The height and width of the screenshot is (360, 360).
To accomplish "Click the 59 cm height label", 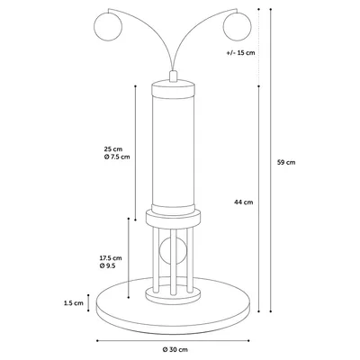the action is (x=286, y=162).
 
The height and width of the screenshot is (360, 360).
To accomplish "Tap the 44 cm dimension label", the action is (x=244, y=202).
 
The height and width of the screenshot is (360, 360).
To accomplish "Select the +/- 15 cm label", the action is (x=240, y=53).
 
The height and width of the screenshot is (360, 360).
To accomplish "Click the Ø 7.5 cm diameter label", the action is (x=117, y=157).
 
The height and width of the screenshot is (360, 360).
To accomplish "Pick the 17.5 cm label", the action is (x=111, y=257).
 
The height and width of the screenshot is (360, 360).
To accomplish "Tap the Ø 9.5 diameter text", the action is (x=108, y=265).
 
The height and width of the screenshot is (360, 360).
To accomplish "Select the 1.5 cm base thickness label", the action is (x=74, y=303).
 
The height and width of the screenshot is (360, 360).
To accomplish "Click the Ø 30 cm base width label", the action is (x=175, y=349).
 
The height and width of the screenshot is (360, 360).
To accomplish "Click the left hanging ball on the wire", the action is (x=108, y=26).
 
